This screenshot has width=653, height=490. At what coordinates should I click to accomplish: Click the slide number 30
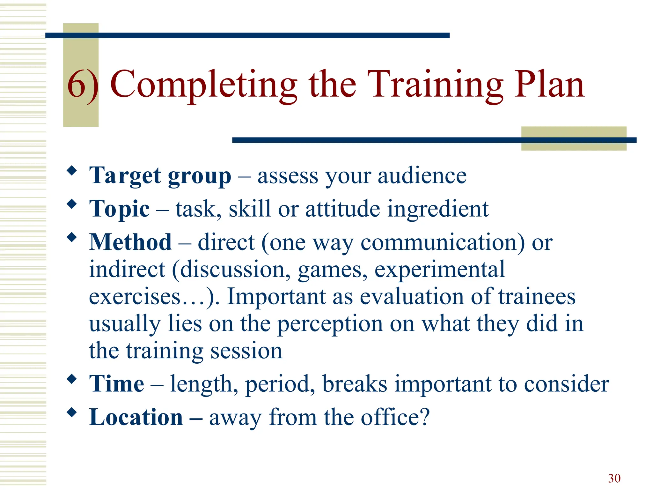click(x=614, y=478)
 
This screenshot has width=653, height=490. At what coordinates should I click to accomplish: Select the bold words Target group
click(x=160, y=176)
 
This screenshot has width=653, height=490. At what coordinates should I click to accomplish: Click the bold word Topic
click(x=119, y=209)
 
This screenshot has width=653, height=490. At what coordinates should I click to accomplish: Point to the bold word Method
click(x=130, y=242)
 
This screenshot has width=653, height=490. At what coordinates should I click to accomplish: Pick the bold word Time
click(x=117, y=383)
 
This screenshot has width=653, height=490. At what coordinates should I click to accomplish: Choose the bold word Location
click(x=136, y=417)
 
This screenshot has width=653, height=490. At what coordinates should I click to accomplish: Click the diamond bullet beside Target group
click(x=72, y=171)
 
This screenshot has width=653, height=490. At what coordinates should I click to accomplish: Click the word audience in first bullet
click(x=422, y=176)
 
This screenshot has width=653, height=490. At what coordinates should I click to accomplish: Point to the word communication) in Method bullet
click(x=443, y=243)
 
